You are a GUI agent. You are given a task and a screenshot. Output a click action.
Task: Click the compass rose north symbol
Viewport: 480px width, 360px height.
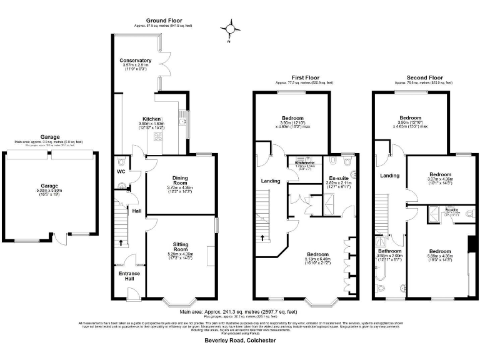pyautogui.click(x=231, y=28)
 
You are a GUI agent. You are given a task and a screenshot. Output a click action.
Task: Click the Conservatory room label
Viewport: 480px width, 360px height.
pyautogui.click(x=136, y=61)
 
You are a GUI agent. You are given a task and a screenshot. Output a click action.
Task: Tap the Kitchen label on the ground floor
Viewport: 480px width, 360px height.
pyautogui.click(x=152, y=119)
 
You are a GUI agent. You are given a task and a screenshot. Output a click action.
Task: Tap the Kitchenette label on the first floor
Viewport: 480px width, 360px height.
pyautogui.click(x=304, y=162)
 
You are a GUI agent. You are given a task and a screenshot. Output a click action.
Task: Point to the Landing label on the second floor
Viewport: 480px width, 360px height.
pyautogui.click(x=390, y=176)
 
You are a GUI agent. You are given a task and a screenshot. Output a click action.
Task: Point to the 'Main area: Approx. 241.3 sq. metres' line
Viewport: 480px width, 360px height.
pyautogui.click(x=238, y=311)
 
